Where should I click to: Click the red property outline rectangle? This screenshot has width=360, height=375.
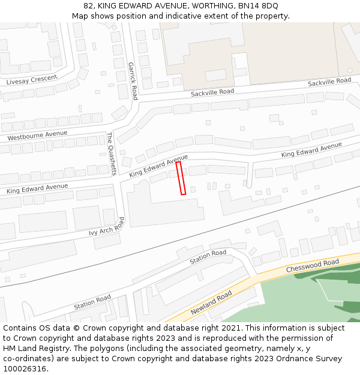click(x=181, y=178)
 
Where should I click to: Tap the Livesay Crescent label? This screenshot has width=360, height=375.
click(x=32, y=80)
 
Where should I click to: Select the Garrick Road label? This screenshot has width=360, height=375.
click(x=132, y=81)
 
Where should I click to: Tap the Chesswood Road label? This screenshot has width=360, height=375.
click(x=312, y=265)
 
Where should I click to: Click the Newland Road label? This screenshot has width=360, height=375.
click(x=211, y=303)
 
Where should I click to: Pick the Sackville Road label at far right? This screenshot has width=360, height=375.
click(x=329, y=82)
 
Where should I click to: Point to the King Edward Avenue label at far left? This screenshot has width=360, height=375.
click(x=37, y=188)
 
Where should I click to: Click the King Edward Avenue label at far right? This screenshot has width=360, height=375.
click(x=311, y=150)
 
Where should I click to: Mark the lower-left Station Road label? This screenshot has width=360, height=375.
click(x=92, y=302)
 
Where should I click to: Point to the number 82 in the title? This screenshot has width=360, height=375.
click(x=88, y=6)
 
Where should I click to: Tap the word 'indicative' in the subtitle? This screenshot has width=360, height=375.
click(x=176, y=16)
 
